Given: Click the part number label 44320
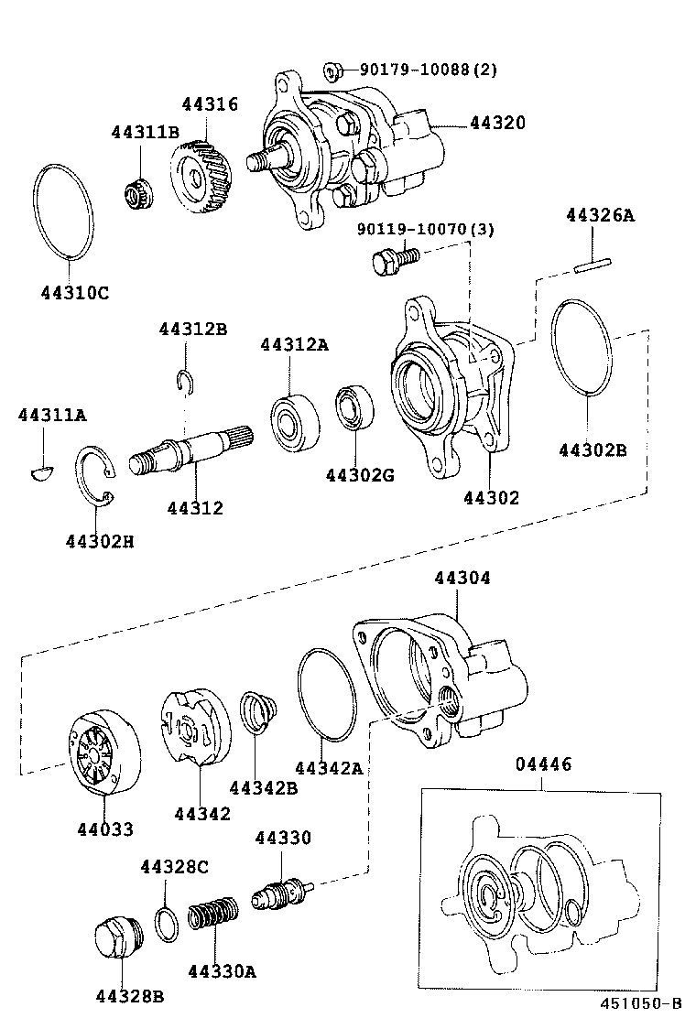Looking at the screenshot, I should point(498,122).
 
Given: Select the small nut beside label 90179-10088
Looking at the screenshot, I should point(333,70).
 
